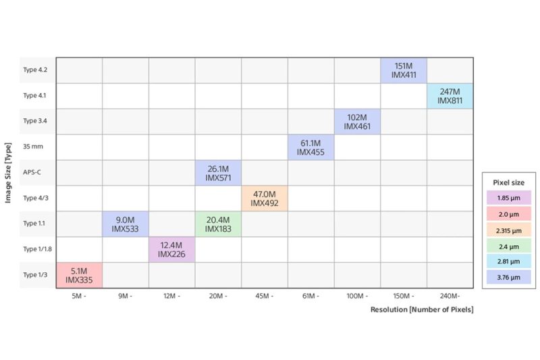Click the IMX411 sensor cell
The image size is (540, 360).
tap(403, 71)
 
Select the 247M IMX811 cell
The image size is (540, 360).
tap(450, 96)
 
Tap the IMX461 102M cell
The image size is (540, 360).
tap(357, 122)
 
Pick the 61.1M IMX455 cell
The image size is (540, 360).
tap(310, 147)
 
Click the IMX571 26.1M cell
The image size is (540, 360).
tap(218, 173)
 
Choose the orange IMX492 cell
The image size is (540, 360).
tap(265, 199)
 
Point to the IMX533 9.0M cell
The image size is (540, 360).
tap(126, 224)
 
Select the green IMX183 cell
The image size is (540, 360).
tap(218, 224)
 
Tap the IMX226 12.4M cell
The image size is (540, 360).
tap(171, 250)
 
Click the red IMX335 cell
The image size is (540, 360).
tap(79, 276)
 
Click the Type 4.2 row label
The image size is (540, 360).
tap(35, 70)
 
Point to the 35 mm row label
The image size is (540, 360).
tap(33, 147)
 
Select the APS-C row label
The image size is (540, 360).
tap(32, 172)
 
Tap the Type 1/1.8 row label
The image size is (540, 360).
tap(36, 249)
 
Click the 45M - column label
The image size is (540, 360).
tap(265, 296)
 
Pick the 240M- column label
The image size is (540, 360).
tap(450, 296)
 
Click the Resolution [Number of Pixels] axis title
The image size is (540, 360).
tap(422, 309)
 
